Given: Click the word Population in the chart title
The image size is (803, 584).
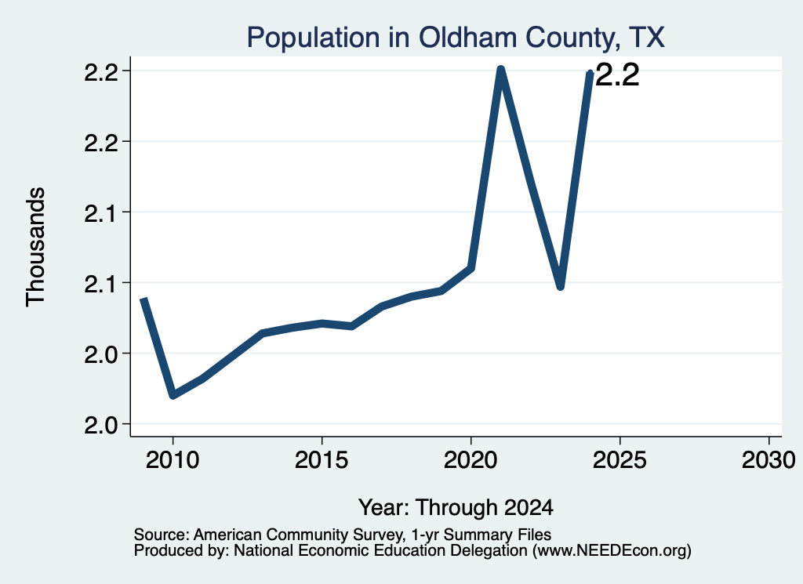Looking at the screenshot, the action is (x=313, y=38).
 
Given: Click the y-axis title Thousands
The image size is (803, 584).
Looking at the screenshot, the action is (x=35, y=247).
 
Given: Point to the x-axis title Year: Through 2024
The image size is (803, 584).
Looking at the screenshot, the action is (x=456, y=507).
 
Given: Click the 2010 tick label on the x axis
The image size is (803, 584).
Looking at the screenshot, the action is (x=173, y=459).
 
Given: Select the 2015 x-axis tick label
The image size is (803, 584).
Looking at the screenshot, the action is (x=322, y=459).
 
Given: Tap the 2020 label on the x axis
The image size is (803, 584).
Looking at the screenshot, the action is (x=471, y=459).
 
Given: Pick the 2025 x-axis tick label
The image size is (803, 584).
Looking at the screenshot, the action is (x=620, y=459).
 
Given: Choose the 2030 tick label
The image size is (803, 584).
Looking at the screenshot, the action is (x=768, y=459).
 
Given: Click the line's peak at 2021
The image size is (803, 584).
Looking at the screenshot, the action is (x=501, y=70).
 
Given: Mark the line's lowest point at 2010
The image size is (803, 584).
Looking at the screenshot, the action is (x=173, y=394).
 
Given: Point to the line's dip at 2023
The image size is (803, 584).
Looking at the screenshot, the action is (x=560, y=286).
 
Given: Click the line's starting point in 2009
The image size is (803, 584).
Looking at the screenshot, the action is (x=144, y=299).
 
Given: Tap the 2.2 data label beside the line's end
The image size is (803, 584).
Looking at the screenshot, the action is (x=618, y=75).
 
